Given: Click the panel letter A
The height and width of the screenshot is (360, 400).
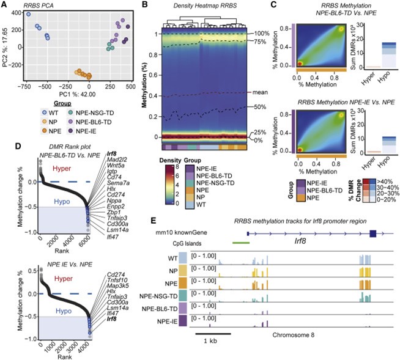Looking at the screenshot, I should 5,5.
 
